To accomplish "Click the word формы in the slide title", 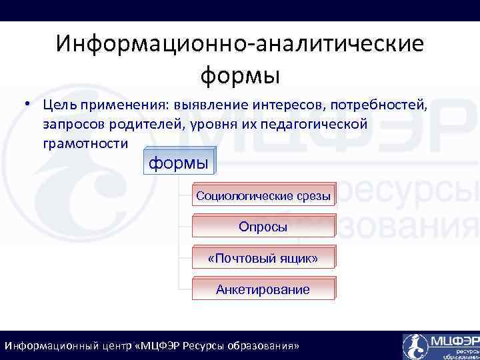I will click(x=239, y=74).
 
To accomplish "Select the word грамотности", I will click(x=85, y=143).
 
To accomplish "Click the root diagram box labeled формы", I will click(x=178, y=163).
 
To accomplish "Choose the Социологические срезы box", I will click(x=263, y=195).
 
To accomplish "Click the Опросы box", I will click(x=263, y=227).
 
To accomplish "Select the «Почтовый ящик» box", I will click(x=263, y=258).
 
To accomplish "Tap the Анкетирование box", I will click(x=263, y=289).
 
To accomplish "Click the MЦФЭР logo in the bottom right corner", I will click(x=440, y=345).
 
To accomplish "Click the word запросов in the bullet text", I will click(x=69, y=124).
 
